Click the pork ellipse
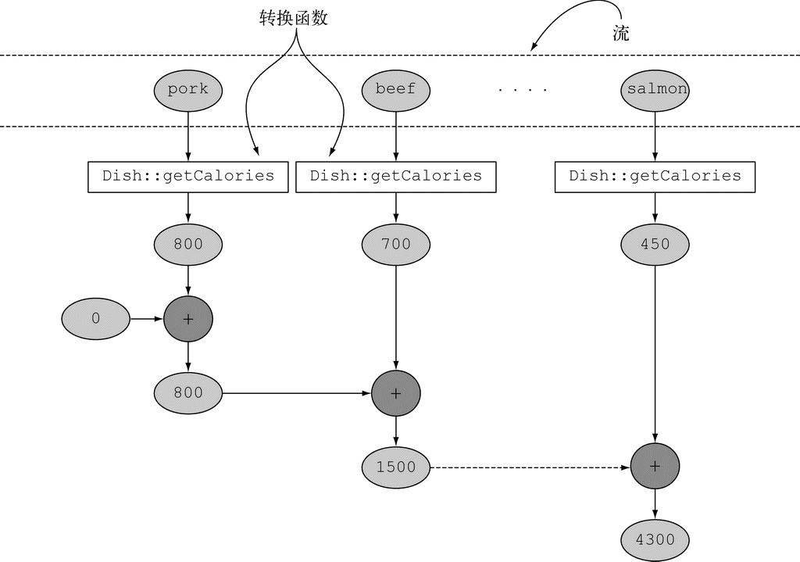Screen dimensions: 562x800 pyautogui.click(x=188, y=89)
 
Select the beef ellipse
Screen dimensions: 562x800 pyautogui.click(x=396, y=89)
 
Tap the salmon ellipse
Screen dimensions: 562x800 pyautogui.click(x=656, y=89)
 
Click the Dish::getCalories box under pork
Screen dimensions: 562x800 pyautogui.click(x=188, y=176)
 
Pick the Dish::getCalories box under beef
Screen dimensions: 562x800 pyautogui.click(x=396, y=176)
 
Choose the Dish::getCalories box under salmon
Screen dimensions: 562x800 pyautogui.click(x=655, y=176)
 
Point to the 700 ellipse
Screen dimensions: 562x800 pyautogui.click(x=396, y=244)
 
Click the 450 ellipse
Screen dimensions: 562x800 pyautogui.click(x=655, y=244)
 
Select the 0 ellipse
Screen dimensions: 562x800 pyautogui.click(x=96, y=319)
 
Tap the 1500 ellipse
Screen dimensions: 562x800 pyautogui.click(x=396, y=467)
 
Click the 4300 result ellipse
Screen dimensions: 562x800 pyautogui.click(x=655, y=539)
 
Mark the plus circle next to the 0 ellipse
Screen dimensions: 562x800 pyautogui.click(x=188, y=319)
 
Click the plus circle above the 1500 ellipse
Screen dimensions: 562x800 pyautogui.click(x=396, y=393)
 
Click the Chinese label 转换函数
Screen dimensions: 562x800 pyautogui.click(x=293, y=19)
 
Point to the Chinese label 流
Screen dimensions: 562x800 pyautogui.click(x=621, y=34)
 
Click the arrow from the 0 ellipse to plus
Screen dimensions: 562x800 pyautogui.click(x=146, y=319)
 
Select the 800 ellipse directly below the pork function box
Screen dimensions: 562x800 pyautogui.click(x=188, y=244)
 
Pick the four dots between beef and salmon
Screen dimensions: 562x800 pyautogui.click(x=523, y=90)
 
